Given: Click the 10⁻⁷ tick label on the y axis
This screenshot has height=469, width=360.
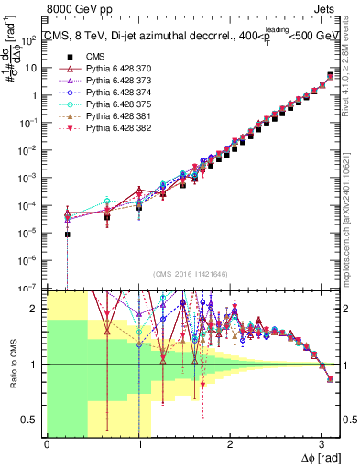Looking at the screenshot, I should [x=30, y=286].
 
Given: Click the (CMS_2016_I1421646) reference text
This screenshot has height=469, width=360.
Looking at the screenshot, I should [x=191, y=274].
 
